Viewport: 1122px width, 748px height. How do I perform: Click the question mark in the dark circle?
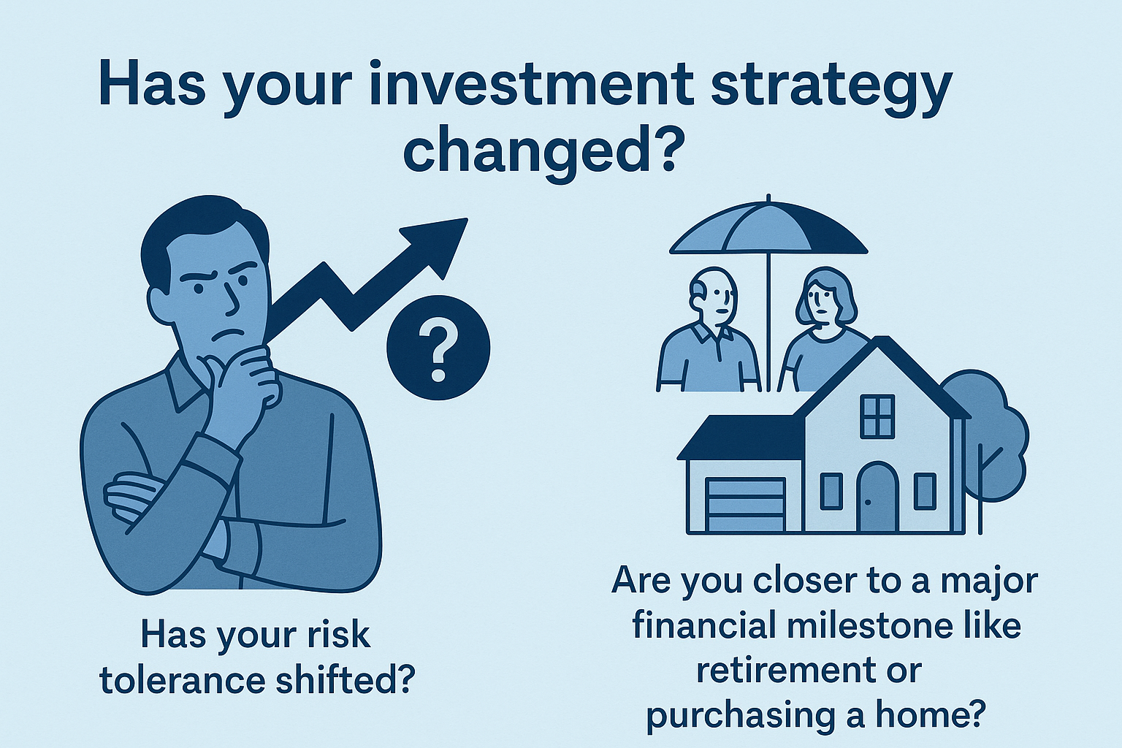[x=438, y=351]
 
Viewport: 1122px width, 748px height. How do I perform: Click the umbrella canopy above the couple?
[x=768, y=227]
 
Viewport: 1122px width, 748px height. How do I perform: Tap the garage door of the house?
[x=745, y=504]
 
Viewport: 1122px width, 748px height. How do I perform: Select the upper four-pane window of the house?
[x=877, y=416]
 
